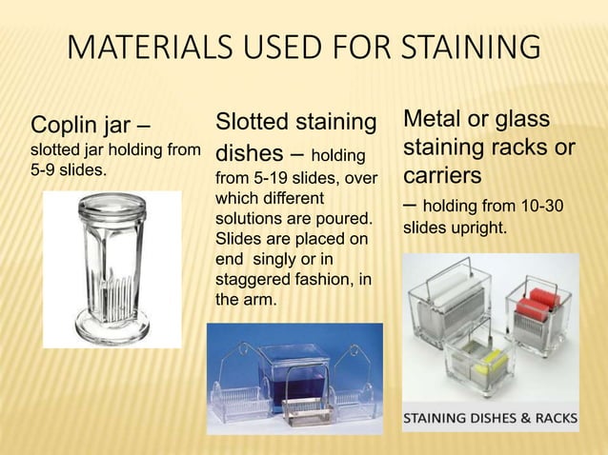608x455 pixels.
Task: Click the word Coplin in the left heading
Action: pos(68,126)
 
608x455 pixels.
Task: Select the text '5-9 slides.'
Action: pos(69,172)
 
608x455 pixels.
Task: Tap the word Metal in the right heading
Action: pos(436,120)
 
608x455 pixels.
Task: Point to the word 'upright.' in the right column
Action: pos(485,228)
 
